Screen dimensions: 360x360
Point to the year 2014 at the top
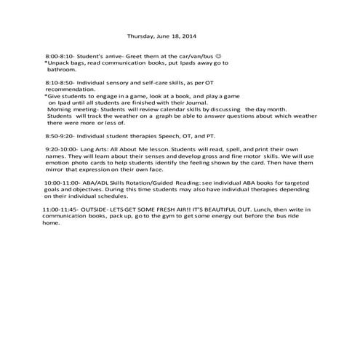(188, 35)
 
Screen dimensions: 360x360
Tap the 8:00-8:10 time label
(59, 55)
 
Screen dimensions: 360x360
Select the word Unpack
(60, 63)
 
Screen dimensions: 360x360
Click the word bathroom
(61, 70)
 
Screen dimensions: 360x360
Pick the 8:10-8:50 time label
(59, 82)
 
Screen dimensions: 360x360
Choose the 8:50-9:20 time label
(59, 135)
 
